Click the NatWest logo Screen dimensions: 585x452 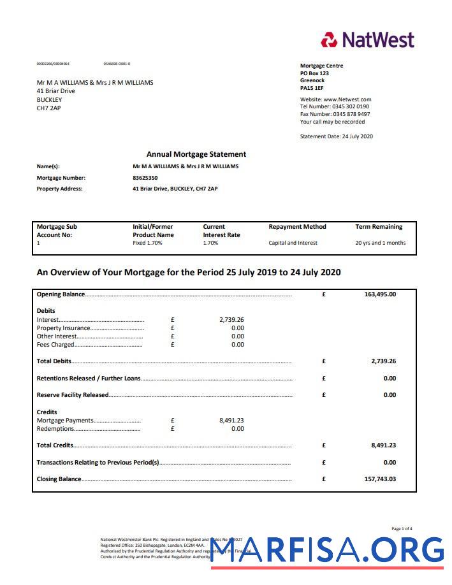pos(368,40)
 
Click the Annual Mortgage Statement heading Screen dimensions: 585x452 pos(196,154)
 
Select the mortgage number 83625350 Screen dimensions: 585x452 pos(145,178)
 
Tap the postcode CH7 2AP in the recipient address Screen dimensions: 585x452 pos(49,108)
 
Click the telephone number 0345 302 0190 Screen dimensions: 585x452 pos(351,106)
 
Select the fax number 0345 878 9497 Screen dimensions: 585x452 pos(351,114)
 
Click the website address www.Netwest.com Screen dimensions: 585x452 pos(347,99)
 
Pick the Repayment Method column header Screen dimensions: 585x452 pos(297,227)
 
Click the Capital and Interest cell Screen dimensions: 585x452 pos(293,243)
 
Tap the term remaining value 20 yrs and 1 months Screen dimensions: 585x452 pos(380,243)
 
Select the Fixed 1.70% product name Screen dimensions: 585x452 pos(147,243)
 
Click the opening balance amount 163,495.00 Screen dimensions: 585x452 pos(380,294)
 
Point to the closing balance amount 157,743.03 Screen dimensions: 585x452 pos(380,479)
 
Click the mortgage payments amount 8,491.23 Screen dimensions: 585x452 pos(231,421)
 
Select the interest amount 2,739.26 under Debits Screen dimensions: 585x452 pos(231,320)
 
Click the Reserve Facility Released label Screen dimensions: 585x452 pos(73,395)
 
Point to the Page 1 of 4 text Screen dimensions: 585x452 pos(402,529)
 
